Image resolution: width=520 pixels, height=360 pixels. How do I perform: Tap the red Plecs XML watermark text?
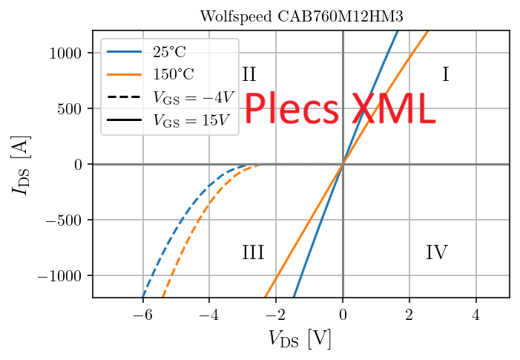[339, 110]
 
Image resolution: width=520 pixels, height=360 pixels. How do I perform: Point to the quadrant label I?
[445, 74]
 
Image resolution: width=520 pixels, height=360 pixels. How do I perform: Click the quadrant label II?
[249, 74]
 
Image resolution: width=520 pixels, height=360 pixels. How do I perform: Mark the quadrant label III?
[253, 253]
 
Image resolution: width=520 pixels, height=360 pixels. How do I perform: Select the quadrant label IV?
[436, 253]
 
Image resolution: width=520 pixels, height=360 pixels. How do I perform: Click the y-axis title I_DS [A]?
[21, 164]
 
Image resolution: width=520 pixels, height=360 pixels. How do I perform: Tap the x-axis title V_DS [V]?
[300, 339]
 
